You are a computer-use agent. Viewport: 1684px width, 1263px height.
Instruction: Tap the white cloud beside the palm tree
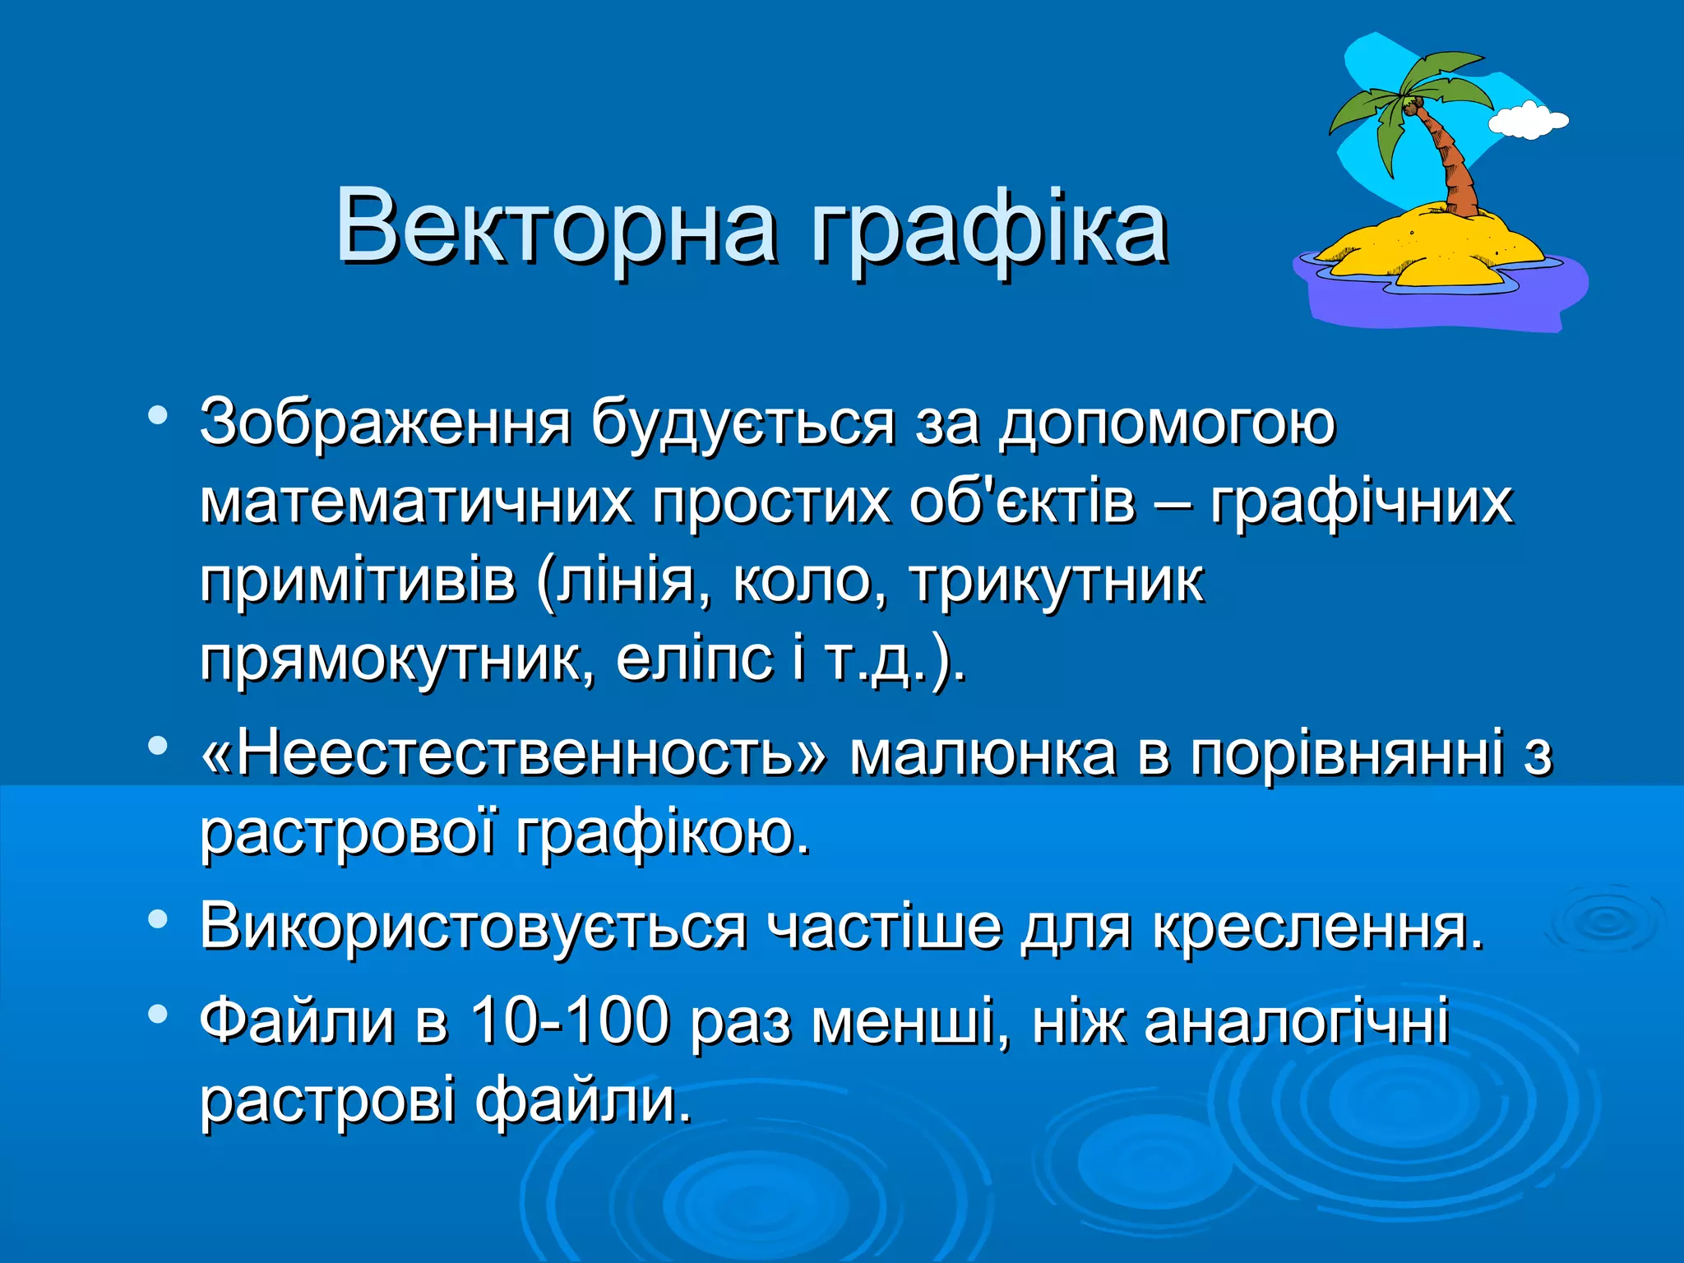(1528, 120)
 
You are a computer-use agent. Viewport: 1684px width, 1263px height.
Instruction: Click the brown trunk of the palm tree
(1454, 164)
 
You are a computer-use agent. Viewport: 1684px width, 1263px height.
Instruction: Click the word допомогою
(1167, 424)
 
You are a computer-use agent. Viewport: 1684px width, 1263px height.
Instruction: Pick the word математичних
(416, 502)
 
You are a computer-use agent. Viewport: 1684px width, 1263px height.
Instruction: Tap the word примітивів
(358, 581)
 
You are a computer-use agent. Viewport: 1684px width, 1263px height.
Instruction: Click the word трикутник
(1057, 581)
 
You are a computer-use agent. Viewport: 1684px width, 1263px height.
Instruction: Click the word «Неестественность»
(515, 753)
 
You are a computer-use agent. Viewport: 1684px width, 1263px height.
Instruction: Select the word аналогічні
(1296, 1020)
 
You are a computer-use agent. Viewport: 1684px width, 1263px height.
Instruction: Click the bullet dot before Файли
(158, 1013)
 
